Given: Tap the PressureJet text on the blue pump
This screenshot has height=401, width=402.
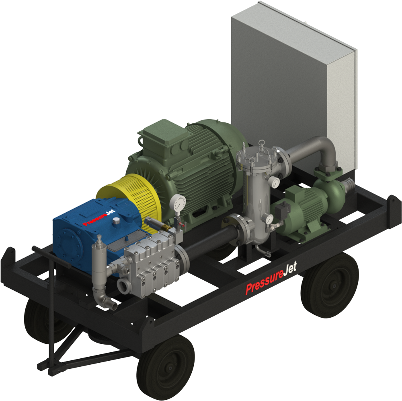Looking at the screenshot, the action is click(x=99, y=218).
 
